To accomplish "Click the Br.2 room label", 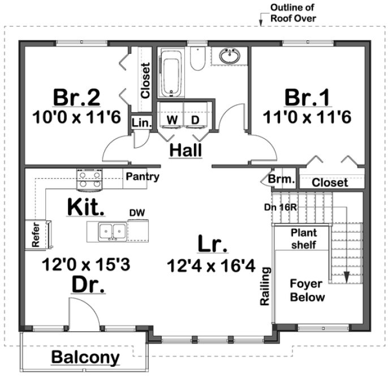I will pos(77,97).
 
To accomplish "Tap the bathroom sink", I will pos(230,57).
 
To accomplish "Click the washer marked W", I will pos(171,120).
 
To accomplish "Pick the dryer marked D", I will pos(196,120).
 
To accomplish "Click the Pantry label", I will pos(142,177).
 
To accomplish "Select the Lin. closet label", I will pos(139,123).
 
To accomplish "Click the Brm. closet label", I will pos(282,180).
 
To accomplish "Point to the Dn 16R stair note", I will pos(281,207).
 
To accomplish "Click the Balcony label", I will pos(86,357).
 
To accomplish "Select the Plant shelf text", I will pos(303,238).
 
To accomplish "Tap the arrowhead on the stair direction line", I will pos(346,277).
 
